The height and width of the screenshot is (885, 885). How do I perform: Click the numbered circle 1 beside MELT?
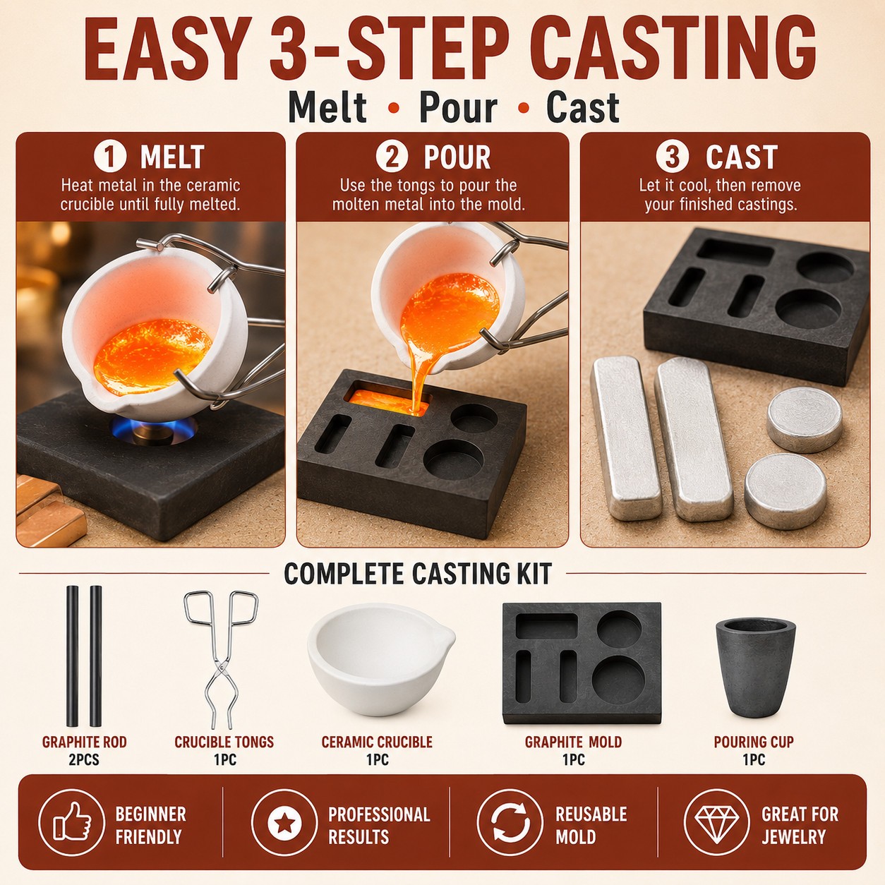coord(110,157)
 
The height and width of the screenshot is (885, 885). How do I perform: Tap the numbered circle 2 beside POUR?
coord(392,157)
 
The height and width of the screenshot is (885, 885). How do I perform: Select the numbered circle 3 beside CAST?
coord(672,157)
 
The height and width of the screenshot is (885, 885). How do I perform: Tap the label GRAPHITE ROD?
coord(84,742)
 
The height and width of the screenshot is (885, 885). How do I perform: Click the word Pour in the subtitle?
coord(458,108)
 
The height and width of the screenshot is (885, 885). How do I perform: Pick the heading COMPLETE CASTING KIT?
coord(418,573)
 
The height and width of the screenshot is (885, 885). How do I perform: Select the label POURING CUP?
coord(754,742)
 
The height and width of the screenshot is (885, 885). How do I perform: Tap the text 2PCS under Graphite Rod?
coord(84,759)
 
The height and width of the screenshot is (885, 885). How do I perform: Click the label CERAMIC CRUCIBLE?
coord(377,742)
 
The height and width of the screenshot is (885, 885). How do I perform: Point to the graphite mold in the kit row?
coord(582,663)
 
